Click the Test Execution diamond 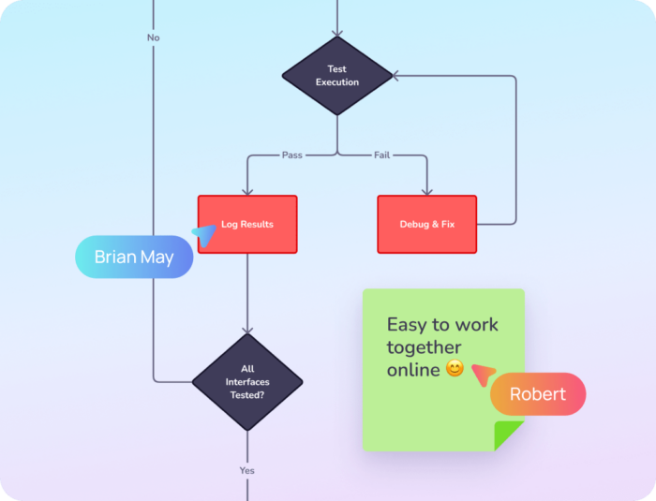click(337, 76)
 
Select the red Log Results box click(247, 224)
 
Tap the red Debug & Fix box click(426, 224)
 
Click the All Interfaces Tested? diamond click(247, 382)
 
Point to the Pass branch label click(292, 155)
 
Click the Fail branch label click(382, 155)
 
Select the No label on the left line click(154, 37)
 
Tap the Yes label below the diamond click(247, 470)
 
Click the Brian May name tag click(134, 257)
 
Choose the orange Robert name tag click(538, 394)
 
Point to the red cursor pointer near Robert click(483, 374)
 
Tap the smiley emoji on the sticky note click(455, 369)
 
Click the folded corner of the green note click(510, 436)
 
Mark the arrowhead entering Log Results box click(247, 190)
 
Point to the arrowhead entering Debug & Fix click(426, 190)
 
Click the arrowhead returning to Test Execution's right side click(398, 76)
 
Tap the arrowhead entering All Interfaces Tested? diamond click(247, 329)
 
